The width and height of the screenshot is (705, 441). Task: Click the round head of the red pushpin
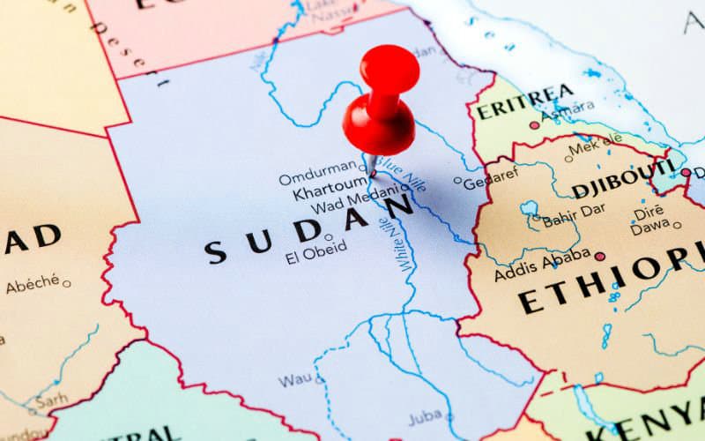[x=389, y=66]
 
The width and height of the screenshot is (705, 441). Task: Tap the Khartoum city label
[x=329, y=192]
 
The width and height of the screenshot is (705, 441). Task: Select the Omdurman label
[x=318, y=178]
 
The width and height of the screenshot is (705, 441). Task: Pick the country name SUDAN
[x=308, y=231]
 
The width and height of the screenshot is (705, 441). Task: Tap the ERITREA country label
[x=525, y=99]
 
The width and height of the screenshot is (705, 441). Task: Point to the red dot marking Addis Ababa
[x=600, y=257]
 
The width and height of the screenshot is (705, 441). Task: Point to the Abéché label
[x=33, y=285]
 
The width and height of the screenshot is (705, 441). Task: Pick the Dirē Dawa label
[x=650, y=220]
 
